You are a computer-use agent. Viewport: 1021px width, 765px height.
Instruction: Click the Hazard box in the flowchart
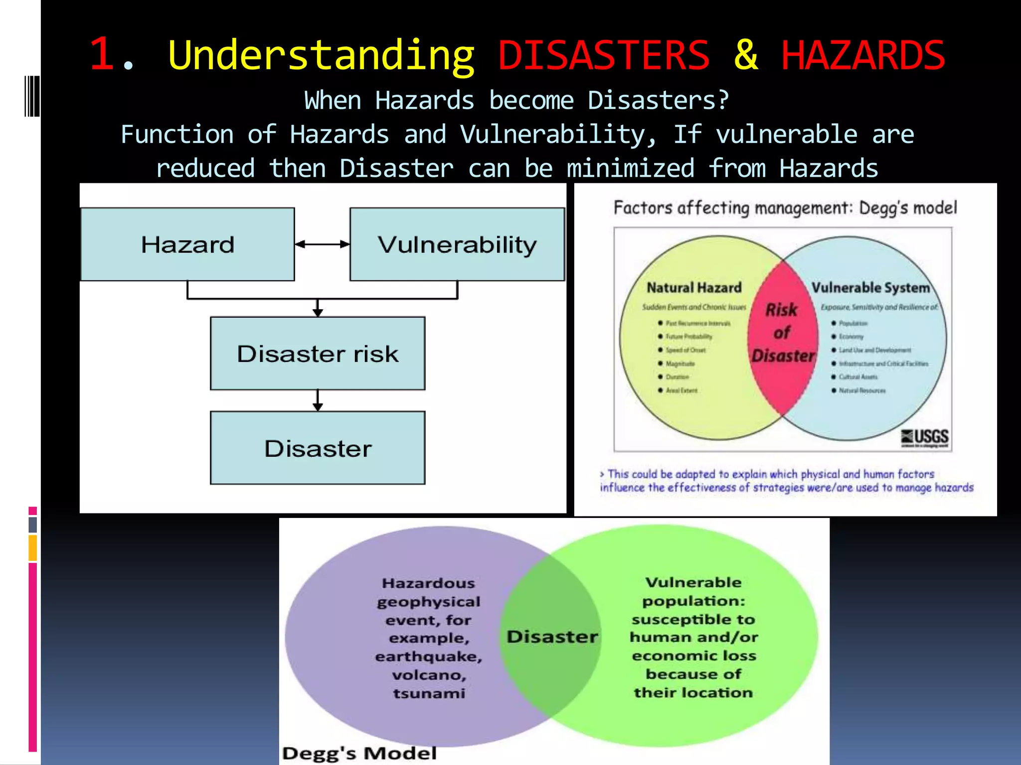tap(187, 245)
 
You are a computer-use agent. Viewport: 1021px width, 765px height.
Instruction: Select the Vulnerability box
tap(457, 245)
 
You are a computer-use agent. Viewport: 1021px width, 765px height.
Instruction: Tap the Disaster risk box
tap(318, 354)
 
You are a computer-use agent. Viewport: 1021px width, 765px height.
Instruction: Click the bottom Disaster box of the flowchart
tap(318, 448)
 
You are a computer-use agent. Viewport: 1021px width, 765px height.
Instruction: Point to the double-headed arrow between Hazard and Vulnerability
tap(322, 244)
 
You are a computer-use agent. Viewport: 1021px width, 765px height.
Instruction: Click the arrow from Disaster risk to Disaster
tap(318, 400)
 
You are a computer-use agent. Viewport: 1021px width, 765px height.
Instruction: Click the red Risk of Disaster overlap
tap(782, 333)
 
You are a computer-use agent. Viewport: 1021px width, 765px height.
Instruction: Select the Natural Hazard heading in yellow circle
tap(694, 288)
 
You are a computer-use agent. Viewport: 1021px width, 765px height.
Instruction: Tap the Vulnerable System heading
tap(870, 288)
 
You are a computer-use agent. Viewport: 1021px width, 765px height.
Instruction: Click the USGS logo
tap(925, 437)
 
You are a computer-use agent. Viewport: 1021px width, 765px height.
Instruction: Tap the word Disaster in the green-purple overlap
tap(552, 637)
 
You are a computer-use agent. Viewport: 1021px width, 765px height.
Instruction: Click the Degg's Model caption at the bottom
tap(359, 753)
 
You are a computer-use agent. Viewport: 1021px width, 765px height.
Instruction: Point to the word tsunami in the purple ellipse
tap(429, 693)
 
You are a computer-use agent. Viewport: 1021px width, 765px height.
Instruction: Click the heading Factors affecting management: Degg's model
tap(785, 208)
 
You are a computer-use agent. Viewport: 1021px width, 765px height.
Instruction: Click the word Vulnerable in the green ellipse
tap(693, 582)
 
